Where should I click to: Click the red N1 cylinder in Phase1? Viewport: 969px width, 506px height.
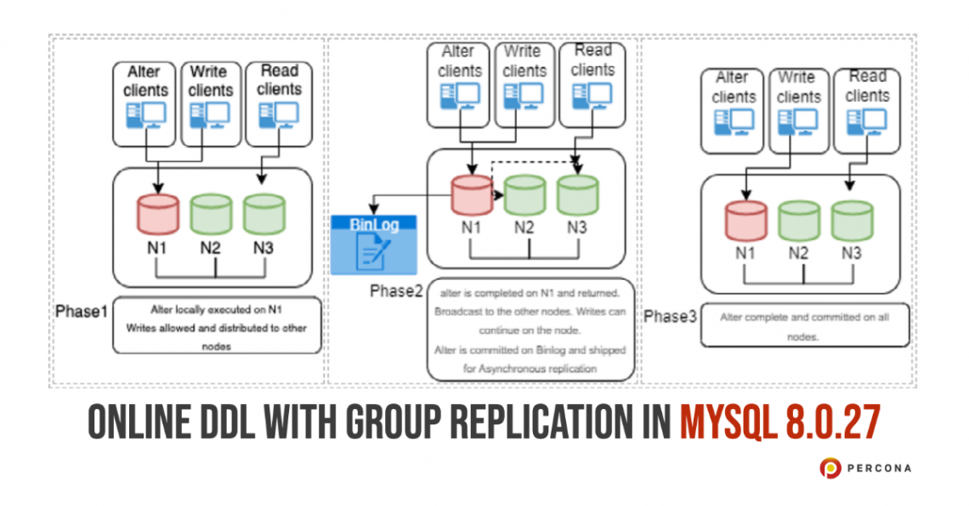click(157, 213)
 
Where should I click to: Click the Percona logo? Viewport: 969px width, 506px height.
click(865, 468)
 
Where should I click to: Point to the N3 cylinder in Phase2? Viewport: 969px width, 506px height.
click(577, 195)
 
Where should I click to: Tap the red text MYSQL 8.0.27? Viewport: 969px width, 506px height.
click(779, 423)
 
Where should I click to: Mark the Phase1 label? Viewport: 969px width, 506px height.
click(82, 311)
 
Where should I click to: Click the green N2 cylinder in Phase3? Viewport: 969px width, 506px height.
click(798, 220)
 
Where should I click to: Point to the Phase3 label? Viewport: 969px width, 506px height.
click(670, 316)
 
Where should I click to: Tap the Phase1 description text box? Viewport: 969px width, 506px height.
click(217, 326)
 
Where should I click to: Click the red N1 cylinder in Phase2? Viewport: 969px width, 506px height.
click(472, 195)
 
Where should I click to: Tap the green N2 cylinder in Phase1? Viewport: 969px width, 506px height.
click(212, 213)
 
